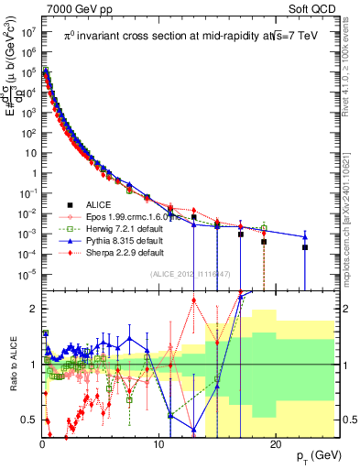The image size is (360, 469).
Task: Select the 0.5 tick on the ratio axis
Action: [x=33, y=420]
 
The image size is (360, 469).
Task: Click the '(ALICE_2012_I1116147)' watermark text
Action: [x=188, y=274]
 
